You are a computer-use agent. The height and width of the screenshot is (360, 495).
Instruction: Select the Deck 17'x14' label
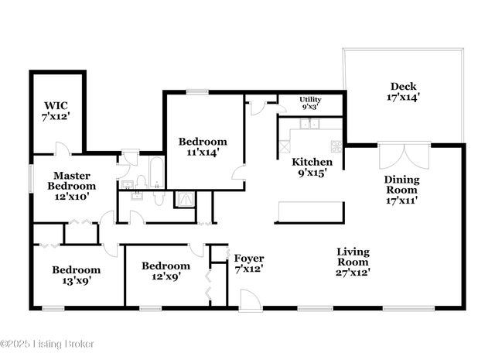tap(404, 92)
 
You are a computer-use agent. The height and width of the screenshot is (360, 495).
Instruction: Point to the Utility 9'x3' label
tap(311, 103)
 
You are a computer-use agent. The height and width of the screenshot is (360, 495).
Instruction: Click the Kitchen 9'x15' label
tap(312, 167)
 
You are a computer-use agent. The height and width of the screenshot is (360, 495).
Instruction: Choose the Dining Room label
tap(402, 190)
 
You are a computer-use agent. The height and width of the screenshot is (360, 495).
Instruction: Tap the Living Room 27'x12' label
tap(352, 262)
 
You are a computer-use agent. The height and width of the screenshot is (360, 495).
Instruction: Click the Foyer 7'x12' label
tap(249, 263)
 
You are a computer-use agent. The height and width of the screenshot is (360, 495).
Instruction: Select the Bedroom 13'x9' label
tap(76, 275)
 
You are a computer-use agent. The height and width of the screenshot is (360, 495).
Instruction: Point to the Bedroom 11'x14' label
tap(203, 146)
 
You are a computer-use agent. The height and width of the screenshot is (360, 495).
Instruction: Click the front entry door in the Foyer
tap(250, 300)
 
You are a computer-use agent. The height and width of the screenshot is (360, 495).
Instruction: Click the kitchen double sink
tap(310, 124)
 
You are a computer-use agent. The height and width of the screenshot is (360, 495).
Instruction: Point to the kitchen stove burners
tap(336, 145)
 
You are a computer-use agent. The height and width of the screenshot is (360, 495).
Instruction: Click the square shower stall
tap(185, 201)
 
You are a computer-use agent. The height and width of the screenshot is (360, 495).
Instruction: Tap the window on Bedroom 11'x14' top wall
tap(197, 92)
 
